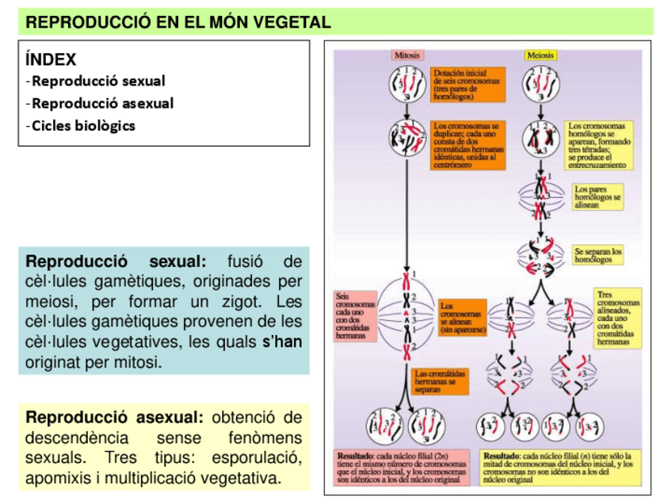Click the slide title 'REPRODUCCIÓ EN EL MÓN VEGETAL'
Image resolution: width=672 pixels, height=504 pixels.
click(x=178, y=22)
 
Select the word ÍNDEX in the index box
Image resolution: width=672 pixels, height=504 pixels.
click(x=51, y=59)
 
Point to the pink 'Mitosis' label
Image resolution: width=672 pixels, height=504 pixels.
click(x=407, y=55)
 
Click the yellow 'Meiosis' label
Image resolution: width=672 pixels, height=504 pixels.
click(x=540, y=55)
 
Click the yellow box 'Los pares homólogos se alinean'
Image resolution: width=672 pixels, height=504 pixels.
click(x=598, y=197)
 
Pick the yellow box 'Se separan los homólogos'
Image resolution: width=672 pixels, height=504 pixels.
click(x=598, y=254)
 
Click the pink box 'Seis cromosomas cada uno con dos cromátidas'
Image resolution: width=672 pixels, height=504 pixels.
click(x=355, y=317)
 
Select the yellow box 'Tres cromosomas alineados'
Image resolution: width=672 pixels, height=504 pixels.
click(x=618, y=317)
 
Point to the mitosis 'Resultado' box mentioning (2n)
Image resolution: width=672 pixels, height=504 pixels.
click(x=404, y=468)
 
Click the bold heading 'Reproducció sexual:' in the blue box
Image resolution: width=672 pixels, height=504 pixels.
click(x=116, y=262)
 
